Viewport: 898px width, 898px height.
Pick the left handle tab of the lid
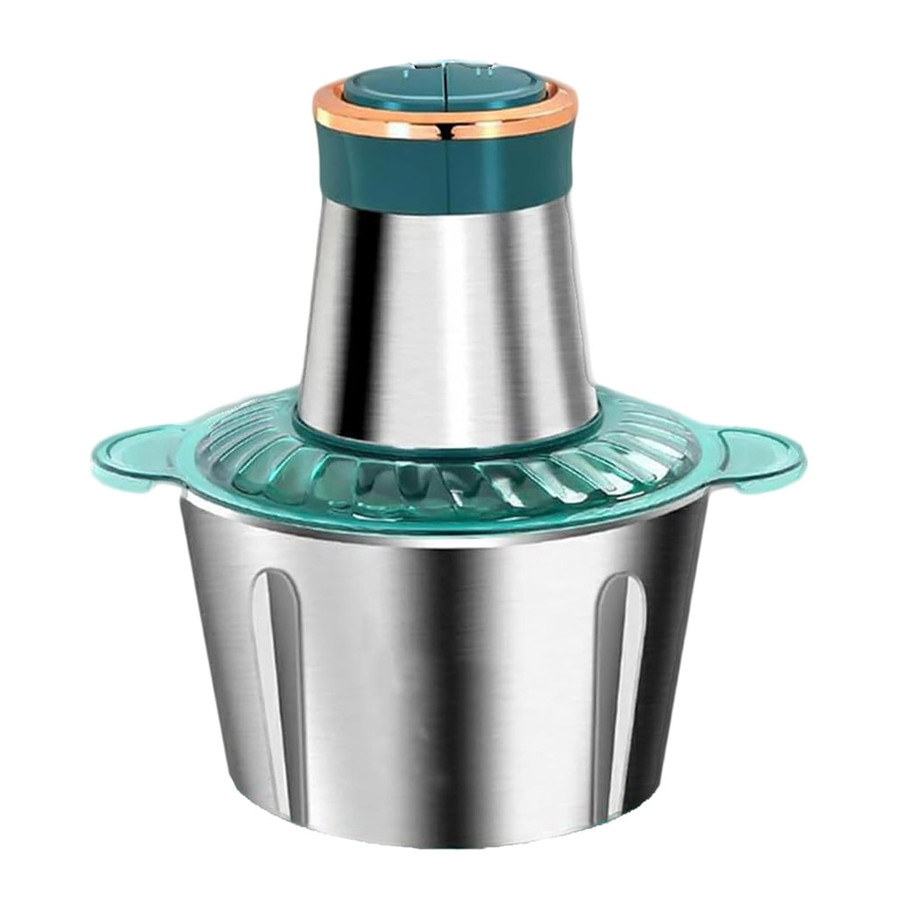(132, 456)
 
